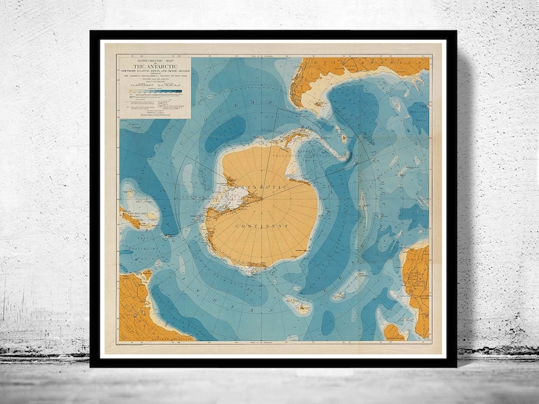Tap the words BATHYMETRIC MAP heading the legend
[155, 61]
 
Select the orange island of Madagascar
[393, 332]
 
